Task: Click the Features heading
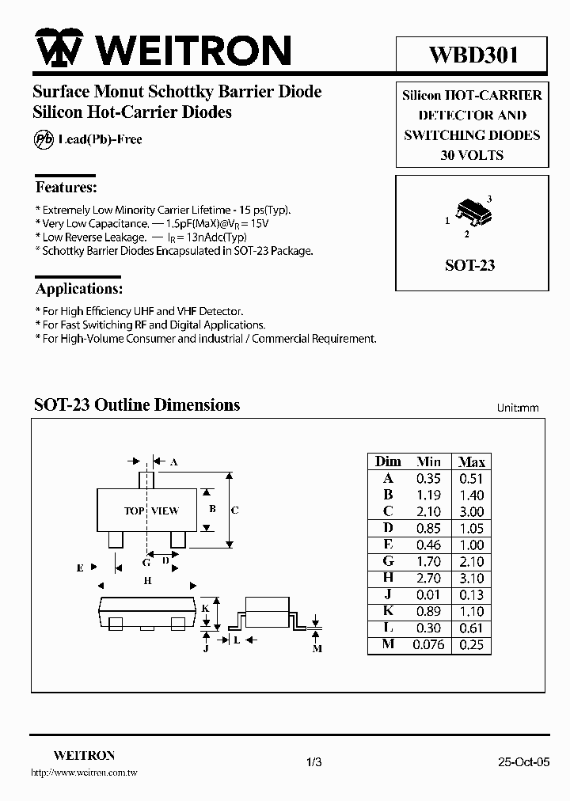(66, 188)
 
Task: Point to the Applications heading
(79, 289)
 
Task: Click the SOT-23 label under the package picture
(469, 265)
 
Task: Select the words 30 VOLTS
(472, 155)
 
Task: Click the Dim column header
(388, 461)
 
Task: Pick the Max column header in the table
(472, 461)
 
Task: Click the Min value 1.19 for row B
(428, 495)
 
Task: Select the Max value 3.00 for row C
(471, 511)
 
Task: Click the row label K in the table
(388, 611)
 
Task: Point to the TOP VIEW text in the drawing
(151, 511)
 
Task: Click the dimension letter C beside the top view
(235, 511)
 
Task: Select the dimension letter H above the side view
(147, 580)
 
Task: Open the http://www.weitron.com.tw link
(84, 772)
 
